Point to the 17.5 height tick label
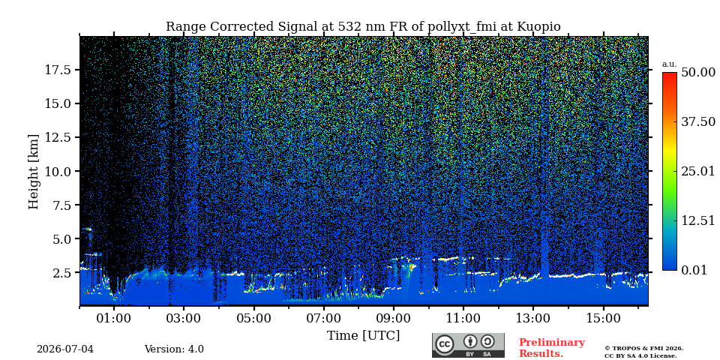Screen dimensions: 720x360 click(58, 70)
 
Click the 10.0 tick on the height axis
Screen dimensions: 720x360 click(58, 171)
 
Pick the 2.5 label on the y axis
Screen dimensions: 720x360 click(64, 273)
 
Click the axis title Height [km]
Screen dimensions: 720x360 click(34, 172)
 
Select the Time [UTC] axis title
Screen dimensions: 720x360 click(363, 336)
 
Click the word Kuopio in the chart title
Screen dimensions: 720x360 click(539, 27)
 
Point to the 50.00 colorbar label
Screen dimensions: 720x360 click(698, 73)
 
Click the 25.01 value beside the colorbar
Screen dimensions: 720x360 click(698, 172)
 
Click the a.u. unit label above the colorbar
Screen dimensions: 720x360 click(670, 64)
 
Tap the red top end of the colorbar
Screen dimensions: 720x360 click(670, 73)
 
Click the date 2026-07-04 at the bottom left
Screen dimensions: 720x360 click(65, 349)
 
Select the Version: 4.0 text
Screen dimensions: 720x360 click(174, 349)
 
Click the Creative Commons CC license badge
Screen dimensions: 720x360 click(468, 345)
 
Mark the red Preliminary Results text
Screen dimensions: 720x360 click(552, 348)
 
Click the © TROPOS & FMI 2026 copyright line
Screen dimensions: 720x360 click(643, 349)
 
